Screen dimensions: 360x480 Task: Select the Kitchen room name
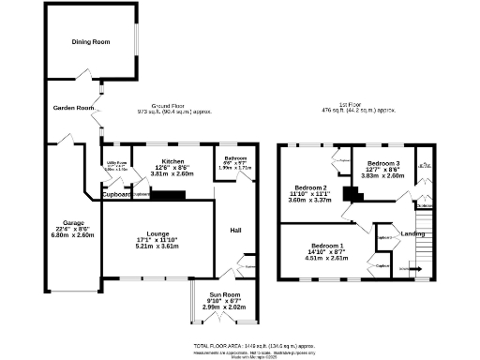pyautogui.click(x=172, y=161)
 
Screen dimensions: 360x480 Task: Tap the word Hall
pyautogui.click(x=236, y=230)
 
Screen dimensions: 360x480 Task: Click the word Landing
pyautogui.click(x=412, y=233)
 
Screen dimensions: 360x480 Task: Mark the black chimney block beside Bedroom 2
pyautogui.click(x=352, y=194)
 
